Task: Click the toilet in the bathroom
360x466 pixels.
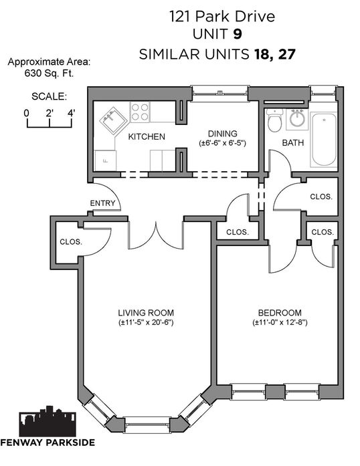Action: [274, 120]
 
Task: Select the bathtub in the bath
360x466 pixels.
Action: [324, 140]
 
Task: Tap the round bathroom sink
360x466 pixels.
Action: [297, 119]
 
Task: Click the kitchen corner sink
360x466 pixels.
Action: [113, 120]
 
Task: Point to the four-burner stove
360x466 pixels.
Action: [140, 112]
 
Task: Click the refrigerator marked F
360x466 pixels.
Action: [105, 160]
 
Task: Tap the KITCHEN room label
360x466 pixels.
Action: [147, 136]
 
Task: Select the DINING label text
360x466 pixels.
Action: [222, 134]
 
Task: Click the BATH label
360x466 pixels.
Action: [293, 143]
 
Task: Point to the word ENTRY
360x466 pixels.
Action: [102, 203]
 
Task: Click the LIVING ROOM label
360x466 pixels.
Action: [146, 313]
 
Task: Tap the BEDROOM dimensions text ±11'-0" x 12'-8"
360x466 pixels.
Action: [280, 322]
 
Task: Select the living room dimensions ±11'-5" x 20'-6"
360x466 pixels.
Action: [146, 322]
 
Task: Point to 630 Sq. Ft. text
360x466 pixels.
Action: [49, 73]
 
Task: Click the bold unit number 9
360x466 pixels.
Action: [237, 34]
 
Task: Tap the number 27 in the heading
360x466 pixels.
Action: [287, 54]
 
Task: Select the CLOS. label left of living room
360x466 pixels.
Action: [71, 242]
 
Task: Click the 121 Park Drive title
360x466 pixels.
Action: [222, 16]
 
